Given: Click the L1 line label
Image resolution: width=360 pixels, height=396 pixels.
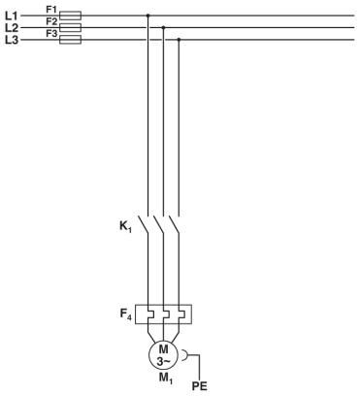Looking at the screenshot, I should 12,16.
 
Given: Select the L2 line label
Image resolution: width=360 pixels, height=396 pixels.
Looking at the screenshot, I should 12,28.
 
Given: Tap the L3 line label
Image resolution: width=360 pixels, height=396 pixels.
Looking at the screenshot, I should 12,40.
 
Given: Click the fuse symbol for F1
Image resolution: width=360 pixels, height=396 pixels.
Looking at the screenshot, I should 71,16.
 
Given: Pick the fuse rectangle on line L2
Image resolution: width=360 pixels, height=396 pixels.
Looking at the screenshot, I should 71,28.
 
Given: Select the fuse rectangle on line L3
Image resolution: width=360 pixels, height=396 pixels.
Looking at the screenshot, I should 71,40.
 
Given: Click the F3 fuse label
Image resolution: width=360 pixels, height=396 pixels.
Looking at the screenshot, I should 51,34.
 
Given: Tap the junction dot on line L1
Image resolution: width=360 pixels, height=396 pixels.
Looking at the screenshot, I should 147,16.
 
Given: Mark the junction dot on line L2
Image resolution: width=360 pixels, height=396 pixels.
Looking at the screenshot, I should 163,28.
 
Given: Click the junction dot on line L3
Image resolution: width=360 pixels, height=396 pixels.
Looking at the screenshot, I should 179,40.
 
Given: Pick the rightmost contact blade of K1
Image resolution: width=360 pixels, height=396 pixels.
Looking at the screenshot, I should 176,225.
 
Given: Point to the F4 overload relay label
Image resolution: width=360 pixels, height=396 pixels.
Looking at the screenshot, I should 125,313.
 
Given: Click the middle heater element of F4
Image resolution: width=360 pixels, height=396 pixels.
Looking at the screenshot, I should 163,314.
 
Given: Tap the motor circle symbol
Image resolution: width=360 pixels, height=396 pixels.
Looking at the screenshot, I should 164,354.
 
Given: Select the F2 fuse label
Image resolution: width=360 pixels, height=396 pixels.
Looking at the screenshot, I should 51,21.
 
